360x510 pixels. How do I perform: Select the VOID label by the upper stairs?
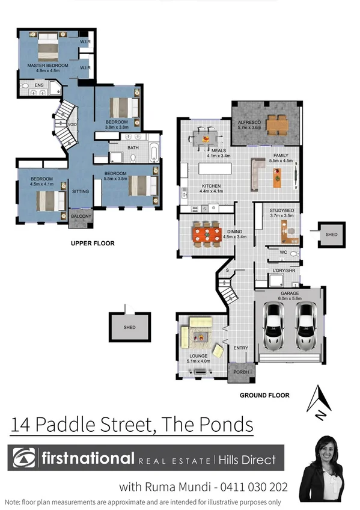72,124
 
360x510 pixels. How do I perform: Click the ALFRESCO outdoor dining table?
278,124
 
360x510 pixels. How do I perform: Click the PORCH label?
240,372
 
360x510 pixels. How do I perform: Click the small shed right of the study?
331,235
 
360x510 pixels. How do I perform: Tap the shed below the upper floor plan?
129,327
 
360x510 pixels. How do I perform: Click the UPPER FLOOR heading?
93,244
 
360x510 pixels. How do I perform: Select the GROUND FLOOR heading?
264,395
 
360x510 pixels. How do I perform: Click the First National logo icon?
23,459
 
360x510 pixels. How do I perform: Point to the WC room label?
283,252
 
